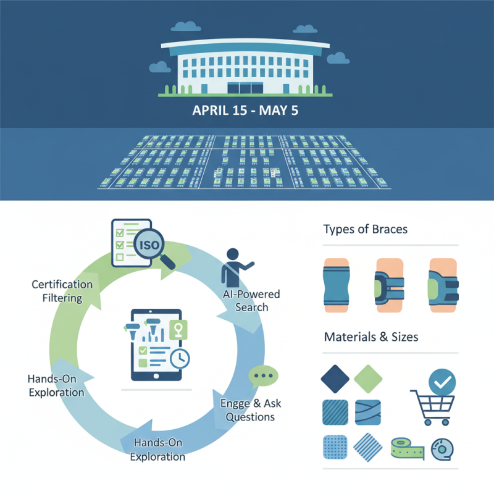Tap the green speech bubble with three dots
coord(263,376)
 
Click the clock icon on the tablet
coord(181,359)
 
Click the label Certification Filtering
coord(62,291)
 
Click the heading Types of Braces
coord(365,230)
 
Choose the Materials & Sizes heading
coord(371,337)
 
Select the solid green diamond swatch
coord(369,379)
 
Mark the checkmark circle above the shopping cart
coord(442,383)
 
